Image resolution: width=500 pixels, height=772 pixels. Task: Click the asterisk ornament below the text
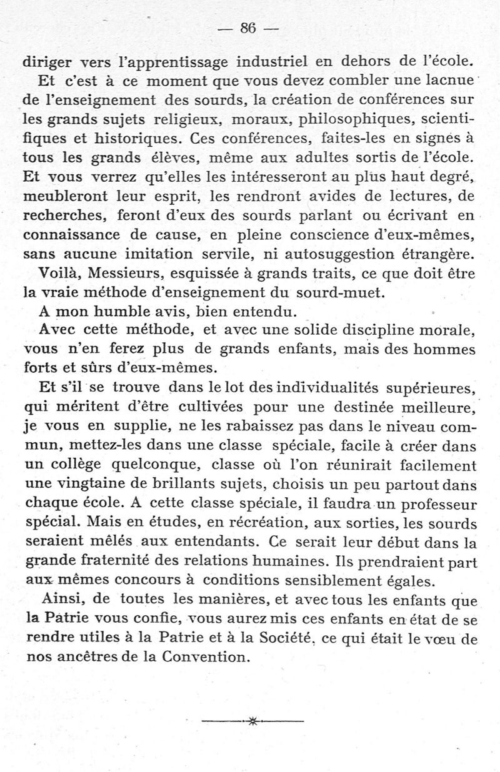click(252, 722)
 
